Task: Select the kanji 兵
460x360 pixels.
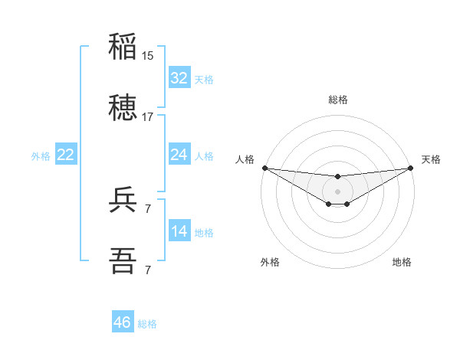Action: click(123, 200)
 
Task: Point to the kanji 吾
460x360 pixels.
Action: click(123, 261)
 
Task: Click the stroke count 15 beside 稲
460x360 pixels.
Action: click(148, 56)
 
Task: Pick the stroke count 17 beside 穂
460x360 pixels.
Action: click(148, 117)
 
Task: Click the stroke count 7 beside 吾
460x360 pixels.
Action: click(148, 270)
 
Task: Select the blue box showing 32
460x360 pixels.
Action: click(179, 78)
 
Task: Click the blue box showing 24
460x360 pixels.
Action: click(179, 155)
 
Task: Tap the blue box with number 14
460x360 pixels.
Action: click(179, 231)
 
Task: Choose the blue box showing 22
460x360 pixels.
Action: click(65, 155)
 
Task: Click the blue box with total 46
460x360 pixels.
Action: click(123, 322)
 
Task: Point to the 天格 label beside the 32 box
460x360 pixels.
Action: click(204, 79)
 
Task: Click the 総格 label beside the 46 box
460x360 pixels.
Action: click(147, 323)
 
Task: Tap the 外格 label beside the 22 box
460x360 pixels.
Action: click(41, 155)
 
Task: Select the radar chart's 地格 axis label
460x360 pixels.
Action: click(402, 262)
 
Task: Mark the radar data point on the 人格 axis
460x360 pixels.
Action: click(264, 168)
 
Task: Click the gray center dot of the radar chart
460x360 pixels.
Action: click(337, 191)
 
